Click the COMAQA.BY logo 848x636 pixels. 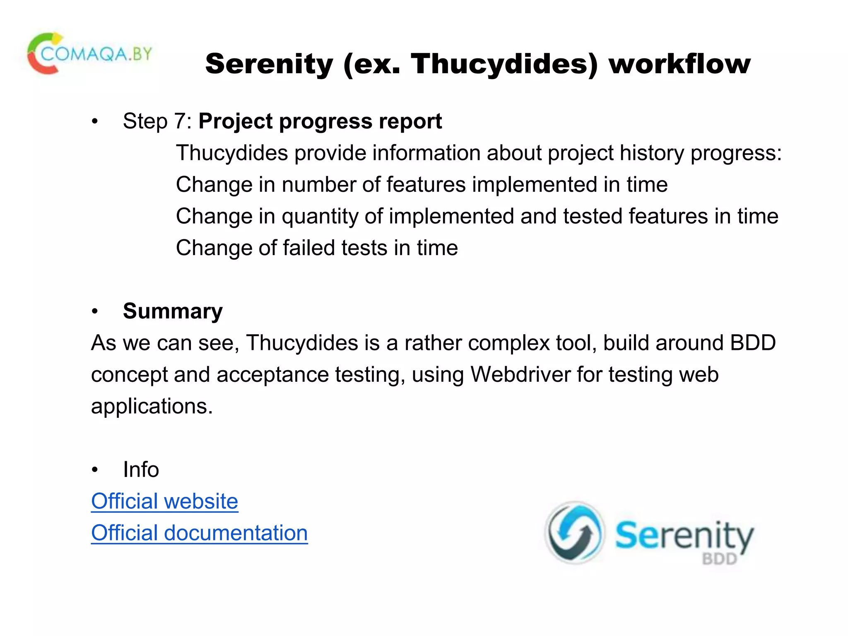(x=89, y=54)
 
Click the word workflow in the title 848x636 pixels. (x=679, y=64)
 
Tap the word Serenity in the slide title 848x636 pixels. (x=269, y=64)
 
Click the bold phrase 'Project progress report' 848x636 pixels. (x=320, y=121)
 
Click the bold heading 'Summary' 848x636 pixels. (x=173, y=311)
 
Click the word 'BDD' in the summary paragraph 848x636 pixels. (x=752, y=343)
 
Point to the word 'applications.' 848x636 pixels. (x=152, y=406)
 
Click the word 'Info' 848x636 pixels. (x=141, y=470)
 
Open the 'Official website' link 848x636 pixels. (x=164, y=501)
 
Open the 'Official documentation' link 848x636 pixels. (x=199, y=533)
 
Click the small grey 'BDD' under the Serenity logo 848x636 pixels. (x=719, y=559)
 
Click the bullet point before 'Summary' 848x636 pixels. (x=95, y=311)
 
